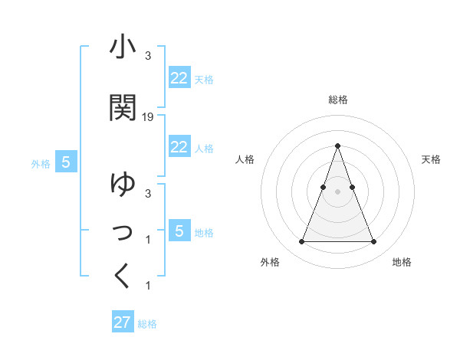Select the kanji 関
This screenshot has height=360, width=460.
pos(123,107)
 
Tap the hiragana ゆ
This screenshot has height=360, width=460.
pos(123,185)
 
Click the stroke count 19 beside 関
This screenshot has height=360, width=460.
pos(148,117)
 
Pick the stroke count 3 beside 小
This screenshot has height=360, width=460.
pos(147,56)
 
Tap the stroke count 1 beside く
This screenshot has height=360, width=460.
pos(147,286)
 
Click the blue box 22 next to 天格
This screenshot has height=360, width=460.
pos(179,78)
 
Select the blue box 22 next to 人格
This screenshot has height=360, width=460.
pos(179,147)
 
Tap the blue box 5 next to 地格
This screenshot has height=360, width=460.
pos(179,231)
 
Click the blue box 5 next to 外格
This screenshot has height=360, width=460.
pos(66,162)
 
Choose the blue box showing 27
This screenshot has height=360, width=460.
pos(123,322)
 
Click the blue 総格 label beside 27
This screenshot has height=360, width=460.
pos(147,324)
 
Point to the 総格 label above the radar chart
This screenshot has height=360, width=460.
pos(337,100)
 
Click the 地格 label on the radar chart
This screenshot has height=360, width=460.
pos(402,262)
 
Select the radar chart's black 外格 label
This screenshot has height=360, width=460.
pos(270,262)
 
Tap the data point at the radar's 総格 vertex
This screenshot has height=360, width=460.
pos(337,146)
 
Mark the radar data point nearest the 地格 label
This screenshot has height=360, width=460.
pos(373,242)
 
